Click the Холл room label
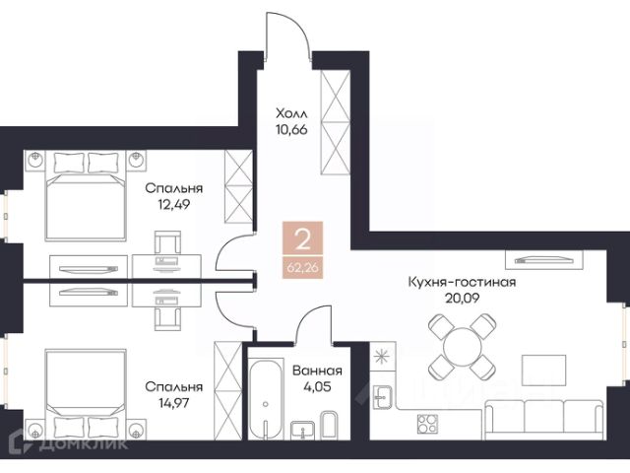click(291, 113)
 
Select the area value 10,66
click(291, 129)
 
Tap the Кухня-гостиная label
click(462, 282)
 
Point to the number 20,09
click(462, 298)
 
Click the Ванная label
click(317, 371)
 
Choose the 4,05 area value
click(317, 387)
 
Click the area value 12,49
click(173, 205)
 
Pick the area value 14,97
click(174, 402)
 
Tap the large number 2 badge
click(302, 238)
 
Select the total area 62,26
click(302, 267)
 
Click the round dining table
click(462, 347)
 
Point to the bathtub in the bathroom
click(265, 400)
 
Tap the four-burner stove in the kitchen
click(427, 424)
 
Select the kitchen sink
click(382, 396)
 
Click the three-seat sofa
click(544, 420)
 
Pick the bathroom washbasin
click(302, 430)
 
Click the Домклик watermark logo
click(69, 442)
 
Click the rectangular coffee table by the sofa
click(543, 371)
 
